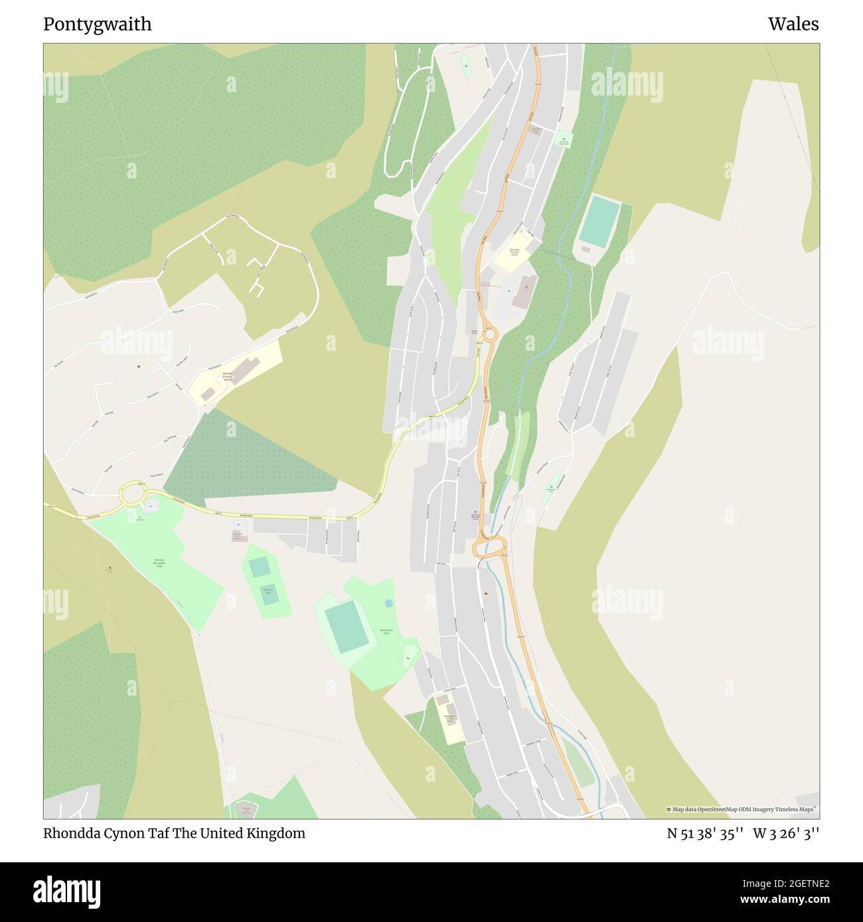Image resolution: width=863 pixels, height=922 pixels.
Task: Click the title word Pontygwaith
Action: tap(97, 25)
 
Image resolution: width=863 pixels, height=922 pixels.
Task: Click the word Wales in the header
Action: tap(793, 25)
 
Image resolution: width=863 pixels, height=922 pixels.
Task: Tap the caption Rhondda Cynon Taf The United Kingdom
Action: tap(174, 833)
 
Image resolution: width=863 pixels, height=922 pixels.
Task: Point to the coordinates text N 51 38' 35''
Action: tap(705, 833)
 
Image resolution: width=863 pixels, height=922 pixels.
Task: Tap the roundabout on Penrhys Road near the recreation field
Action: tap(132, 494)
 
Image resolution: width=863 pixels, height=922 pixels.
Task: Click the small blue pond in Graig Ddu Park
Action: tap(388, 603)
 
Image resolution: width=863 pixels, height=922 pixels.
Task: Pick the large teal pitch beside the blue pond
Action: tap(346, 627)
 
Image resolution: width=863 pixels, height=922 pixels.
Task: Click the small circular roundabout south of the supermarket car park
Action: tap(490, 335)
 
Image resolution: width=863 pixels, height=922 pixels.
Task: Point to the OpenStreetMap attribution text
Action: tap(742, 809)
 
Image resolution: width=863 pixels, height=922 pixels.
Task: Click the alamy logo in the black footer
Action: tap(67, 889)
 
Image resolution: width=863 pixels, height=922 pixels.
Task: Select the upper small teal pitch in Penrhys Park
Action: tap(260, 566)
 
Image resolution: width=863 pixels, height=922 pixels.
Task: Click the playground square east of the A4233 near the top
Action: tap(564, 141)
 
